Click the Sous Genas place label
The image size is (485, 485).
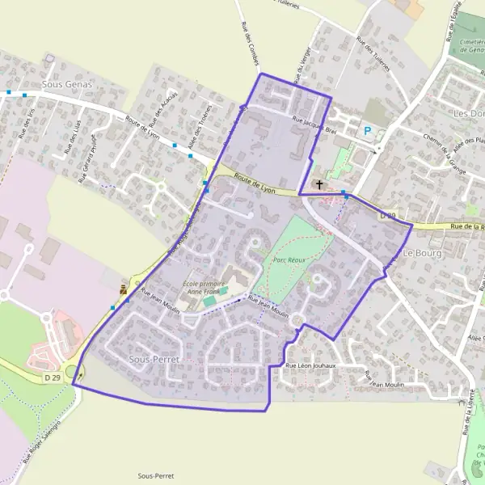pyautogui.click(x=67, y=83)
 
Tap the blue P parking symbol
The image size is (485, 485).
pyautogui.click(x=368, y=131)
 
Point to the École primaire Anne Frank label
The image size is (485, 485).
pyautogui.click(x=205, y=289)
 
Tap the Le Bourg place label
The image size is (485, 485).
pyautogui.click(x=420, y=253)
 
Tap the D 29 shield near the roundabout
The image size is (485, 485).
pyautogui.click(x=53, y=377)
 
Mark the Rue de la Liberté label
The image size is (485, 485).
pyautogui.click(x=469, y=420)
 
